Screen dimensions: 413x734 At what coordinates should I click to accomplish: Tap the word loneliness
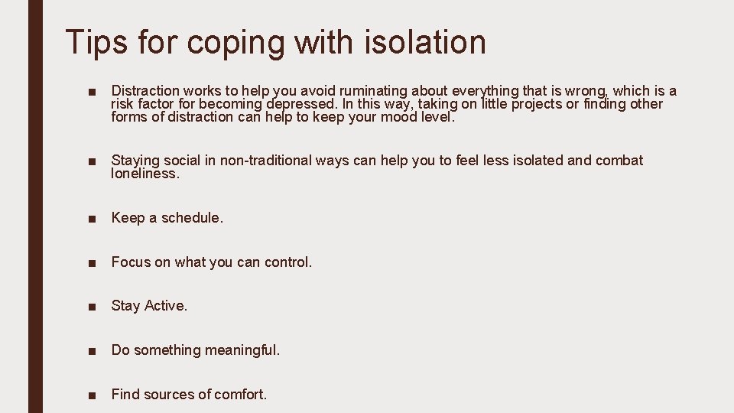click(x=145, y=174)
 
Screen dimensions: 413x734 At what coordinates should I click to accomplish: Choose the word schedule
click(x=192, y=218)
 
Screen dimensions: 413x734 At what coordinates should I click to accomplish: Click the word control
click(x=288, y=262)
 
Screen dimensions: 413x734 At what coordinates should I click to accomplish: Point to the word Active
click(x=166, y=306)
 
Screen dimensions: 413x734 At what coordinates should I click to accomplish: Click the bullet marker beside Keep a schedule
click(x=91, y=219)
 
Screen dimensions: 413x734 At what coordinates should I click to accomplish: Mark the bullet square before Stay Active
click(x=91, y=307)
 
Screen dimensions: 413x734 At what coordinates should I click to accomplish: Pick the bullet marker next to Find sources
click(x=91, y=395)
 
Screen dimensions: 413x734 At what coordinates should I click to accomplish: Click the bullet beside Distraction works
click(x=91, y=92)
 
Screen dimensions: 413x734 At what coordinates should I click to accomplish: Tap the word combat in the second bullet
click(x=619, y=161)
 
